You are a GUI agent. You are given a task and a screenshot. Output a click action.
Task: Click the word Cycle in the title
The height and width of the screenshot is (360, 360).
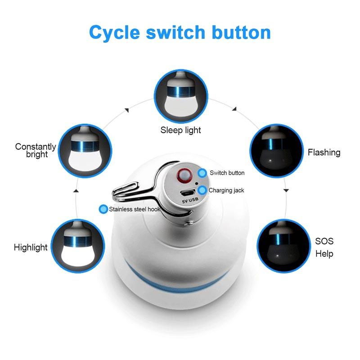pos(114,33)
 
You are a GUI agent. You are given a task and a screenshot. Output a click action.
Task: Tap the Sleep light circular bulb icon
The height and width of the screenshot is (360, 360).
pos(181,96)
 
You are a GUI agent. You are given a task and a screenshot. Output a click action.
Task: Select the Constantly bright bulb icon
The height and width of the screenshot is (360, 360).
pos(85,151)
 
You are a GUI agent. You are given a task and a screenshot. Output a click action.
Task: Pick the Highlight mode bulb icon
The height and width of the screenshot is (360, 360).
pos(78,246)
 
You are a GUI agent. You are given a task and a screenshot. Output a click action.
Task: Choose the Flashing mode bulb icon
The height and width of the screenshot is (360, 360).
pos(276,151)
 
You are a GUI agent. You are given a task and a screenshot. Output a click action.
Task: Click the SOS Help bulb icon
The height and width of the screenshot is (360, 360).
pos(284,246)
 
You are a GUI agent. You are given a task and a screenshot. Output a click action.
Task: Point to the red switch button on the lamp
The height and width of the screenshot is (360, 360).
pos(184,175)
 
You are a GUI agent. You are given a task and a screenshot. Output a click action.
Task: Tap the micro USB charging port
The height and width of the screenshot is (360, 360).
pos(187,193)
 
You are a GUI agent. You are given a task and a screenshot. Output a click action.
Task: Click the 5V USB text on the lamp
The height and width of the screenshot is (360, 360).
pos(190,200)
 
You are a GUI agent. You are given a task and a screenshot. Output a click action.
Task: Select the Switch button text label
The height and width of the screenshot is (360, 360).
pos(227,173)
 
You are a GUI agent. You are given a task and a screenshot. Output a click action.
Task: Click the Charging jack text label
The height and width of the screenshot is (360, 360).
pos(226,190)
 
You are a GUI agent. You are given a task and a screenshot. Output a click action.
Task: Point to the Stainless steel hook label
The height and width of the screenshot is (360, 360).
pos(135,209)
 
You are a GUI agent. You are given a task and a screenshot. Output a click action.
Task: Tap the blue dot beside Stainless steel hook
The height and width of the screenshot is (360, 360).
pos(103,209)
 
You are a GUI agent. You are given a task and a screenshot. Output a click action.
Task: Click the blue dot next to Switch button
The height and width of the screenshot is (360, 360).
pos(202,173)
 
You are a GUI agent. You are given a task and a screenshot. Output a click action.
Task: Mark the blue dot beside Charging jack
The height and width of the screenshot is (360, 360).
pos(202,190)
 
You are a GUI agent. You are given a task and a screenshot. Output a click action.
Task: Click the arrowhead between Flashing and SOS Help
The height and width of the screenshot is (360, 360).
pos(286,190)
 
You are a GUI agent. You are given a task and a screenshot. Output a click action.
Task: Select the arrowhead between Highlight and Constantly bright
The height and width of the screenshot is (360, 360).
pos(76,190)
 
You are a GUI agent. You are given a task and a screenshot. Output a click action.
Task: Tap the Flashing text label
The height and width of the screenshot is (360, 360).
pos(324,153)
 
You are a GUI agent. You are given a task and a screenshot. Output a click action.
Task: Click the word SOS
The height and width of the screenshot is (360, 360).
pos(324,241)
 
